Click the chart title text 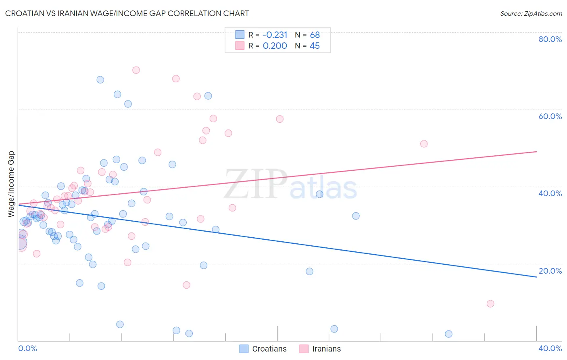tap(127, 13)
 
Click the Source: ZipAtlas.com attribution tap(531, 13)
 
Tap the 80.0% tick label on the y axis tap(550, 39)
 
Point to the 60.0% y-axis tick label tap(550, 116)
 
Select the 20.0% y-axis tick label tap(550, 271)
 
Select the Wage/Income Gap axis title tap(11, 184)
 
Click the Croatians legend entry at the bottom tap(263, 349)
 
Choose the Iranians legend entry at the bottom tap(320, 349)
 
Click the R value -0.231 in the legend tap(275, 35)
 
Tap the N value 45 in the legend tap(315, 46)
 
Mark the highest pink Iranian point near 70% tap(136, 70)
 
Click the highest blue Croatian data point tap(100, 80)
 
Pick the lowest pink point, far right tap(490, 304)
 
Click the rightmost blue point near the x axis tap(448, 334)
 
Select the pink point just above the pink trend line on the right tap(424, 144)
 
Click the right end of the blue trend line tap(536, 277)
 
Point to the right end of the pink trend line tap(536, 151)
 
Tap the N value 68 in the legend tap(315, 35)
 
